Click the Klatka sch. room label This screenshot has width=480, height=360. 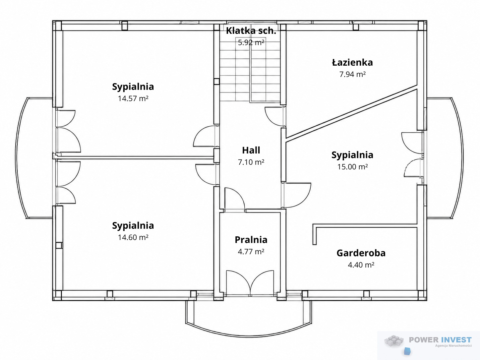pos(251,31)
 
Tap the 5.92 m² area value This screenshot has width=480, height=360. pos(251,42)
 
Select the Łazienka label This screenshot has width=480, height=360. pos(352,63)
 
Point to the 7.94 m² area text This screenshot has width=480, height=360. pos(352,74)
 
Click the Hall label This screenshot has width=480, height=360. pos(251,150)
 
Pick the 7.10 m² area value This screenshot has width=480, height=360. pos(251,162)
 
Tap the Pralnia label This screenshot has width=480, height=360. pos(251,240)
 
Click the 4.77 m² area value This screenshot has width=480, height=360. pos(251,252)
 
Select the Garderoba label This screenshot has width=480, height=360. pos(361,253)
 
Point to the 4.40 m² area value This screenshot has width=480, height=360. pos(361,265)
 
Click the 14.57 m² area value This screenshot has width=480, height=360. pos(133,98)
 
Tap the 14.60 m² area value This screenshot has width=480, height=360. pos(133,237)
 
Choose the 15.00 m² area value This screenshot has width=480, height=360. pos(352,167)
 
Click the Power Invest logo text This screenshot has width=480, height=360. pos(440,340)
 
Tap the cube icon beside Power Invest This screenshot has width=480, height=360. pos(394,341)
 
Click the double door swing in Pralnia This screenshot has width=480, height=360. pos(250,283)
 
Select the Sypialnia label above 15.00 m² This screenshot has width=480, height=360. pos(352,155)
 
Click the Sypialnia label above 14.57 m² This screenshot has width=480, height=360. pos(133,87)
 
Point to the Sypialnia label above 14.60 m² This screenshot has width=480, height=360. pos(133,226)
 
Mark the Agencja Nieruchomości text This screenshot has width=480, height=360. pos(453,346)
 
